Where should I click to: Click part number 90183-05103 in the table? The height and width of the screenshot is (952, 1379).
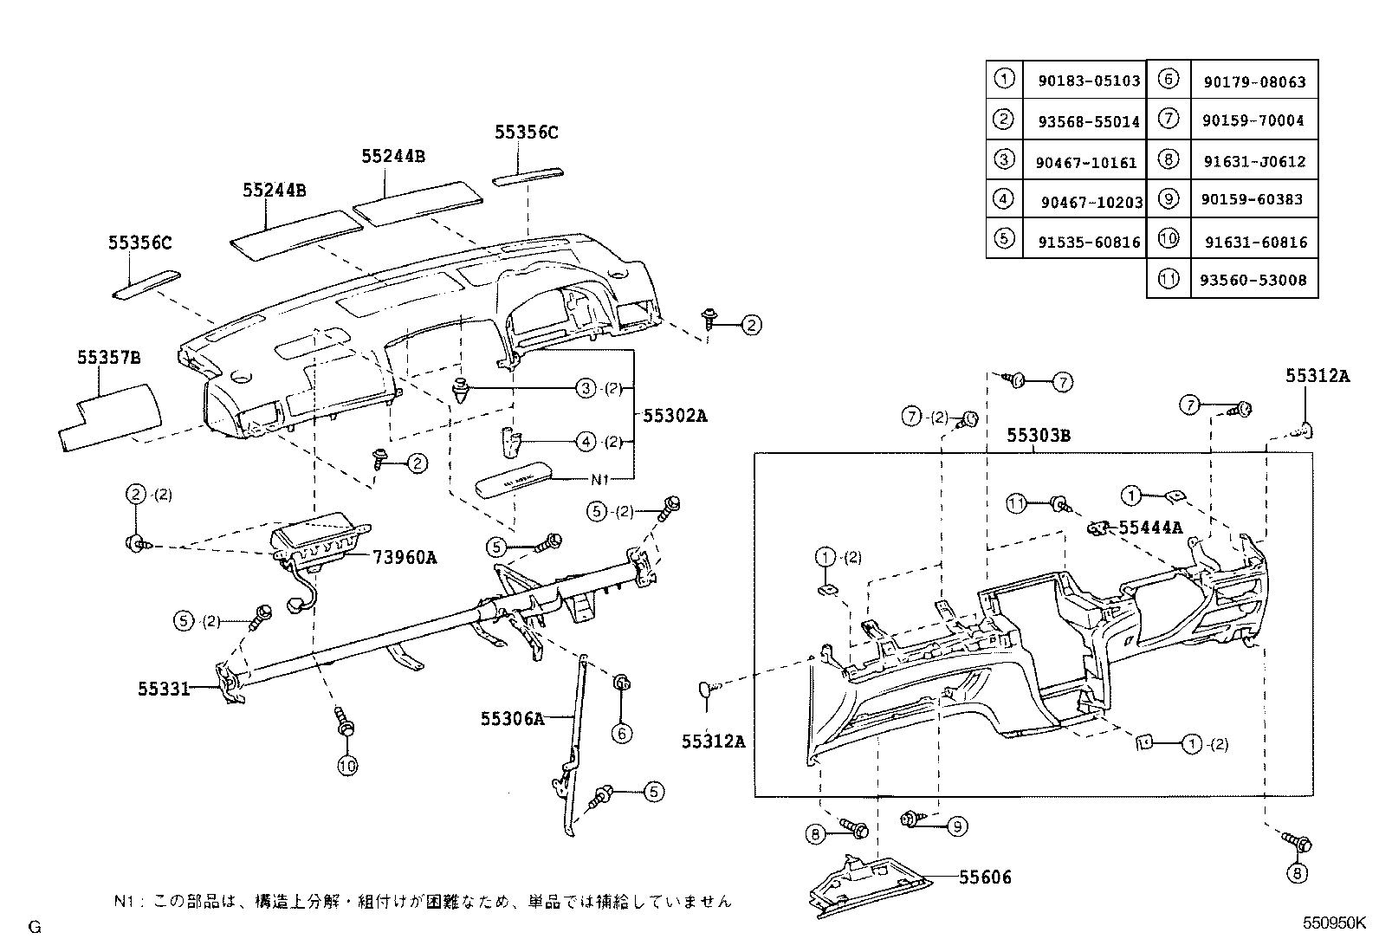1089,81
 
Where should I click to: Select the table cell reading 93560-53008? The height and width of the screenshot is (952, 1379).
1254,281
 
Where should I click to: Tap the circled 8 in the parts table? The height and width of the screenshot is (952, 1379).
1168,160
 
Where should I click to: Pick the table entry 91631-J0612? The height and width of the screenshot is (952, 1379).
1254,161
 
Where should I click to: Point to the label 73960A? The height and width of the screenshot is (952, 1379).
405,557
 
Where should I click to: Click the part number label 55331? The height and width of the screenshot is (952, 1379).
163,689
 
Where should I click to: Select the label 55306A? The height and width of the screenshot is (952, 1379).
513,717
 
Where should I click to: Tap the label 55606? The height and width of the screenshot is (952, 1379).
985,878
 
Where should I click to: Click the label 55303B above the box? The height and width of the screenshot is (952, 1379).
1038,436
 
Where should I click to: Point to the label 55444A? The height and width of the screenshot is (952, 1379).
1149,528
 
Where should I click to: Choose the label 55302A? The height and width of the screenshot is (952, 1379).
675,415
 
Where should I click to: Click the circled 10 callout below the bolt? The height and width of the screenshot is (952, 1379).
347,765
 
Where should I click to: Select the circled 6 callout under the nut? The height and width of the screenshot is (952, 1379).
621,733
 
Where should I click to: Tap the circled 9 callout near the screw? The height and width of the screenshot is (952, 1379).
956,826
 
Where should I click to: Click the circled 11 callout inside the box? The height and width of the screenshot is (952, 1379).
1015,502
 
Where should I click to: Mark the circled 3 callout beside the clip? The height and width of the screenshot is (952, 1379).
586,388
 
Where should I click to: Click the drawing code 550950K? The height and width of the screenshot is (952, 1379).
1335,923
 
